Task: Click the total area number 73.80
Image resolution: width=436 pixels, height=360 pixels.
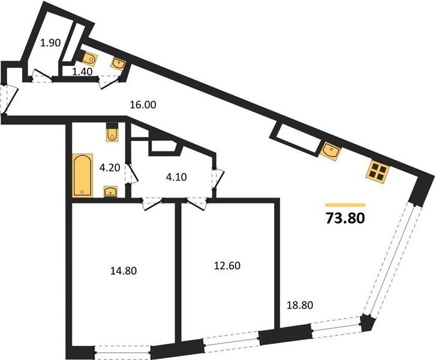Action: click(345, 218)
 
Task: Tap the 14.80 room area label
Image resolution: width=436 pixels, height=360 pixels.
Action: click(124, 271)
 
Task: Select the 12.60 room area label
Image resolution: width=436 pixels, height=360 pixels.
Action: click(227, 266)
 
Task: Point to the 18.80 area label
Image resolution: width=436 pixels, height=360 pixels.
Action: click(300, 305)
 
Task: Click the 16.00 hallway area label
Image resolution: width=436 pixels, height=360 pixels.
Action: click(143, 105)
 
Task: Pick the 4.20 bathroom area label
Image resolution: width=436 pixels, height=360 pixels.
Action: click(110, 168)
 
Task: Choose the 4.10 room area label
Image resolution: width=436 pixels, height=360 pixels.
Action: click(176, 176)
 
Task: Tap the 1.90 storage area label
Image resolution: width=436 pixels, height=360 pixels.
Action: click(50, 43)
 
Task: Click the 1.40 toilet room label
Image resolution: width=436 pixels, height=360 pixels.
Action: click(82, 72)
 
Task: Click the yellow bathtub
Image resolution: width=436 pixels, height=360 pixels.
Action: click(83, 175)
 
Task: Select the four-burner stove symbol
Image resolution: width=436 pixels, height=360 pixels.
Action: click(377, 172)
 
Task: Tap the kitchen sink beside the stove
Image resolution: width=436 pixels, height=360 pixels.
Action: click(331, 151)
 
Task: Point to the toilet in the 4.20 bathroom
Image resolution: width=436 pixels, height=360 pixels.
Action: click(112, 133)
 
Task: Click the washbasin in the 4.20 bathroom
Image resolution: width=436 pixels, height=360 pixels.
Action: click(111, 191)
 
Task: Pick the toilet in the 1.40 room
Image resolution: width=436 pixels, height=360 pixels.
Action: click(88, 58)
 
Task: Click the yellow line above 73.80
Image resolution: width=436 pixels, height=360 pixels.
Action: click(345, 205)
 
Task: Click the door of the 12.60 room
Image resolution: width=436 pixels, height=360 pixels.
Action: click(197, 203)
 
